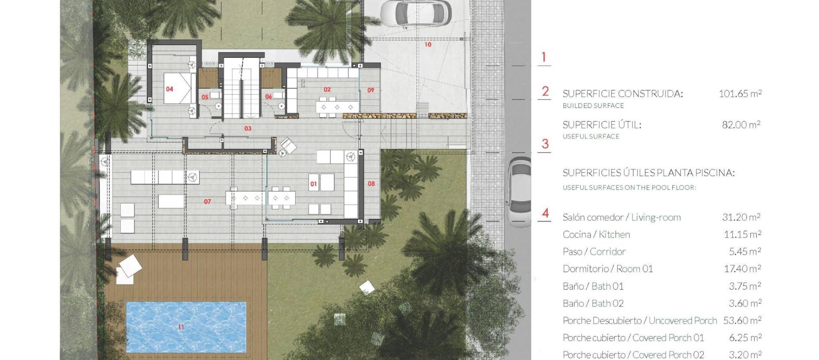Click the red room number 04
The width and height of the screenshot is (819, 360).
(x=170, y=89)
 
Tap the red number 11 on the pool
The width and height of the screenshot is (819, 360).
(x=181, y=327)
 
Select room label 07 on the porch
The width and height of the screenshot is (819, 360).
(x=207, y=202)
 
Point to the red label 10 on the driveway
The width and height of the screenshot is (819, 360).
(x=428, y=44)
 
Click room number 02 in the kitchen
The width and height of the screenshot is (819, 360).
(x=327, y=90)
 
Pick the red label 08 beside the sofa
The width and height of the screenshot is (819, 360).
(x=371, y=184)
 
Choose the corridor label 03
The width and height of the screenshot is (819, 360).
(x=248, y=128)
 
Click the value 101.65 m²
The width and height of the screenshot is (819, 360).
(x=740, y=94)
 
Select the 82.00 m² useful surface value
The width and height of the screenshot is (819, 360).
(x=741, y=125)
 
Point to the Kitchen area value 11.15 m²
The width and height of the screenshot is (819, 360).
(x=743, y=234)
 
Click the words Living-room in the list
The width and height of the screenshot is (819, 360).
(x=656, y=218)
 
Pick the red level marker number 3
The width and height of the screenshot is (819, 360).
(x=545, y=144)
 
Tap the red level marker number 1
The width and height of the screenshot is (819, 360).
(x=544, y=57)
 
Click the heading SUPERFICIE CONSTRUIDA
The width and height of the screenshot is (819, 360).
(x=623, y=94)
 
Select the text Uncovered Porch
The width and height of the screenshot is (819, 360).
(x=683, y=321)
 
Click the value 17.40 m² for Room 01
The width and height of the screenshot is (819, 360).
(x=743, y=268)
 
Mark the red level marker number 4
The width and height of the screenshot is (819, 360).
(x=545, y=213)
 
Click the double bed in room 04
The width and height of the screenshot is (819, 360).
(x=178, y=88)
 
